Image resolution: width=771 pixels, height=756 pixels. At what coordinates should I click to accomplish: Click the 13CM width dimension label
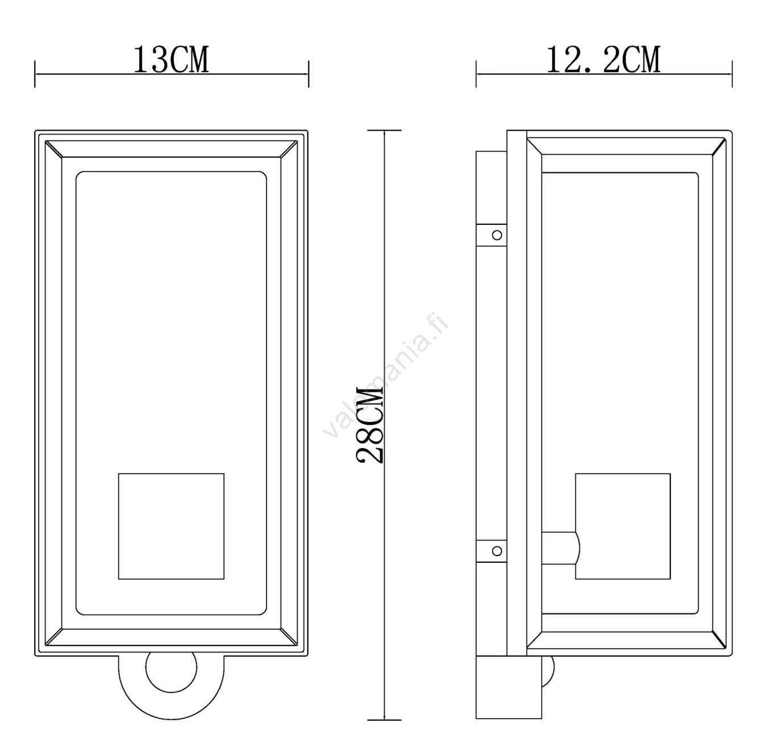pyautogui.click(x=171, y=60)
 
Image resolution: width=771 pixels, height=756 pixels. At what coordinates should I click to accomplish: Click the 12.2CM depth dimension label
pyautogui.click(x=604, y=60)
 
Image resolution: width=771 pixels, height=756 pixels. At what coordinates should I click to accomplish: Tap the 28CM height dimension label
pyautogui.click(x=370, y=425)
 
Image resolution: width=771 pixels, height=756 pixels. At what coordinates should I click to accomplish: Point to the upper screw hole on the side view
pyautogui.click(x=497, y=235)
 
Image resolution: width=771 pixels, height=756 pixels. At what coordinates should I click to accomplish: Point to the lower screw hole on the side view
pyautogui.click(x=497, y=551)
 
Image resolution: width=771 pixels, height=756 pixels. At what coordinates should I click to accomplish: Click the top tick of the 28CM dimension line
pyautogui.click(x=384, y=131)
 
